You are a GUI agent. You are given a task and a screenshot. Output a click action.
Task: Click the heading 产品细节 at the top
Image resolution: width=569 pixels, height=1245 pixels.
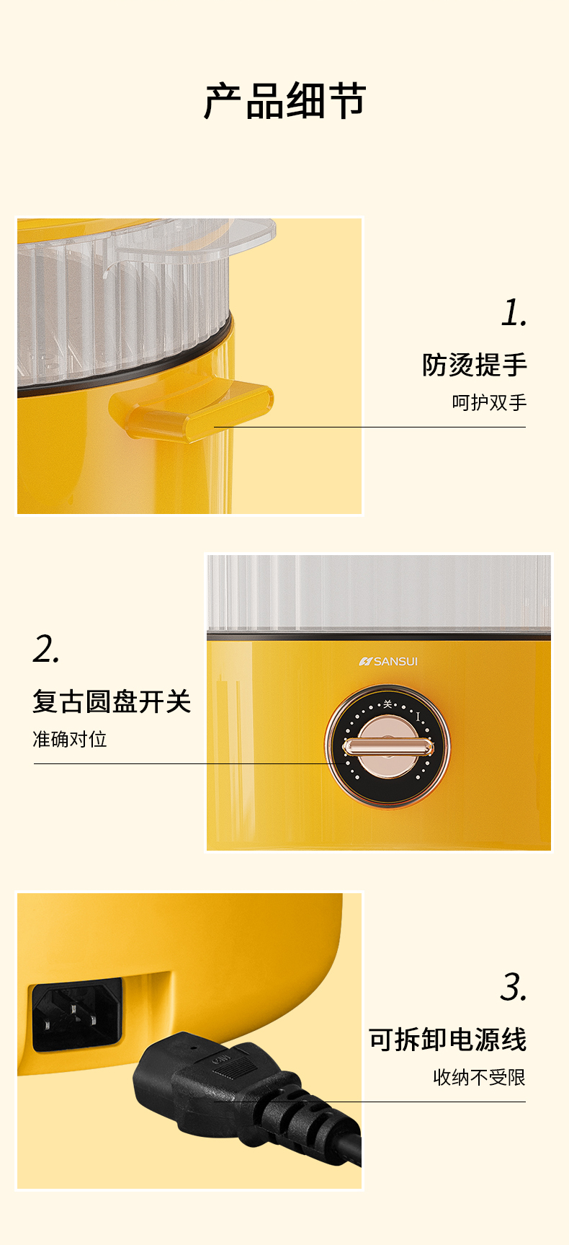[x=285, y=101]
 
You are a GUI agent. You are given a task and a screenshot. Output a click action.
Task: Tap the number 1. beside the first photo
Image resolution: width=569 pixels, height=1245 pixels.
[x=514, y=313]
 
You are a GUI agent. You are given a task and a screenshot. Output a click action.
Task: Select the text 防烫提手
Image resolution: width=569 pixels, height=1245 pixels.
[x=475, y=365]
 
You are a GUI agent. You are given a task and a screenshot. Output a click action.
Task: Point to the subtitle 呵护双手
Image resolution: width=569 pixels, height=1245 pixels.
[x=490, y=402]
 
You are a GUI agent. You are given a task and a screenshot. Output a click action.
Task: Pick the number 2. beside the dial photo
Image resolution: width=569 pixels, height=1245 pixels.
[x=46, y=649]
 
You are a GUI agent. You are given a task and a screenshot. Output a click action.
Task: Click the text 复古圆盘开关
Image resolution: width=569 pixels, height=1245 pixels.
[x=112, y=701]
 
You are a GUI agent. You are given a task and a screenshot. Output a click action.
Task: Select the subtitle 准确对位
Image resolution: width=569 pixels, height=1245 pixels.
[x=70, y=739]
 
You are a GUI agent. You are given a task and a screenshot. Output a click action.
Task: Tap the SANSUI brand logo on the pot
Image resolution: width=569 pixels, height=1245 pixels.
[x=388, y=661]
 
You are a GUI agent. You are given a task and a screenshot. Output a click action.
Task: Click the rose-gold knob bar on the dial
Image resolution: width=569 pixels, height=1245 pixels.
[x=387, y=748]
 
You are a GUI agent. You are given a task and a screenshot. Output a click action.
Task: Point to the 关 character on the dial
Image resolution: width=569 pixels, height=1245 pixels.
[x=387, y=704]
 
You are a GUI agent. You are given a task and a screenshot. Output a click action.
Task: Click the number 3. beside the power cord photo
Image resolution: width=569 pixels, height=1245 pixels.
[x=514, y=987]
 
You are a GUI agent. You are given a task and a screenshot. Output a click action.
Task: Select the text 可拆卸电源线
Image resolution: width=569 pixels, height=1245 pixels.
[x=448, y=1040]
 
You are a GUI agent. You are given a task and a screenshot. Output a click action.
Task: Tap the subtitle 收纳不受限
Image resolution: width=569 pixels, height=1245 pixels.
[x=480, y=1077]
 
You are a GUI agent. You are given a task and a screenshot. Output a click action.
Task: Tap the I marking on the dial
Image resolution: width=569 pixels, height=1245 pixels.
[x=418, y=717]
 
